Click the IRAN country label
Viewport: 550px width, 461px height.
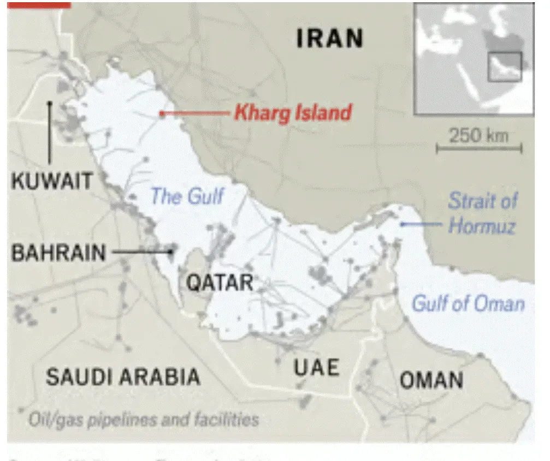click(x=329, y=39)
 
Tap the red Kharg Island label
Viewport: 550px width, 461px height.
click(x=293, y=113)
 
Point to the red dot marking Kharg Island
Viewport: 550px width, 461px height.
click(x=162, y=113)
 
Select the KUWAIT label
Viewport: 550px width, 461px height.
click(x=52, y=181)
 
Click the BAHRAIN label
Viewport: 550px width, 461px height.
click(x=59, y=253)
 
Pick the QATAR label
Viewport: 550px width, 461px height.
click(x=220, y=283)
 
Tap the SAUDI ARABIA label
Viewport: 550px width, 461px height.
click(x=122, y=376)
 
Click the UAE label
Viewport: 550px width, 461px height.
click(x=317, y=368)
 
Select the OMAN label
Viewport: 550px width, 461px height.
click(x=431, y=380)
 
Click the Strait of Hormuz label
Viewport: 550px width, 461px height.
click(x=482, y=213)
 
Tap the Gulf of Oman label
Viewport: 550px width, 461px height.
click(x=468, y=304)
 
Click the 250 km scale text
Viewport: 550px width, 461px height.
click(x=478, y=135)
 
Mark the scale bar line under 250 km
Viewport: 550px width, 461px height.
click(x=479, y=147)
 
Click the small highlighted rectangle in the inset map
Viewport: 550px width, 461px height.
click(x=504, y=67)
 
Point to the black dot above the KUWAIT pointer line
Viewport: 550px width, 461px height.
click(x=49, y=102)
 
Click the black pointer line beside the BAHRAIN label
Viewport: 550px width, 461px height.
click(x=141, y=252)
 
